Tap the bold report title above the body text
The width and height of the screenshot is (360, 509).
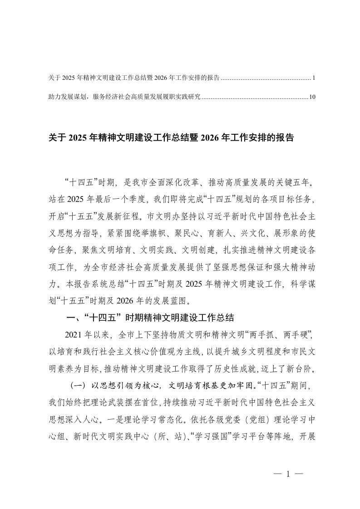coord(171,138)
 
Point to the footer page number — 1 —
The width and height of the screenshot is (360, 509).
coord(288,475)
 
